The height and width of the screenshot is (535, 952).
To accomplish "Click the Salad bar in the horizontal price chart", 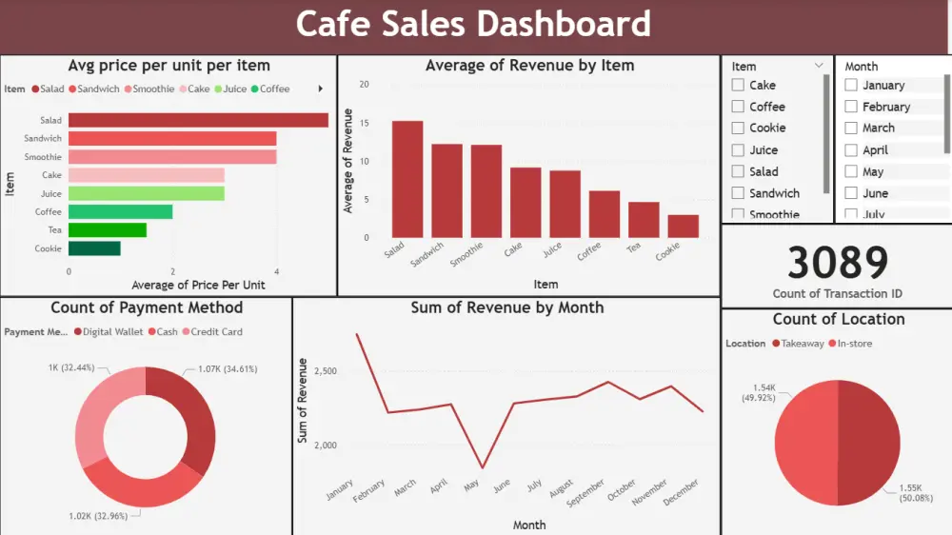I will (198, 121).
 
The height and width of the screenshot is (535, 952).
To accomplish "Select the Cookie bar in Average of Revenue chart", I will (683, 226).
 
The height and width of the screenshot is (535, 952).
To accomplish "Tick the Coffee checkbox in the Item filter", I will (738, 107).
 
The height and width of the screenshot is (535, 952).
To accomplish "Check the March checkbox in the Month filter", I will (852, 128).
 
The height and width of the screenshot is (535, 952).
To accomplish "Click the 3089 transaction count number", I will (838, 263).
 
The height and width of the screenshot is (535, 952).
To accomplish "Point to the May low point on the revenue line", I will (482, 467).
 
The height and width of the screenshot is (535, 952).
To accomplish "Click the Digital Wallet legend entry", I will (109, 332).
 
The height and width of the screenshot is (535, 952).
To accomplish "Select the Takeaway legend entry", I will (798, 344).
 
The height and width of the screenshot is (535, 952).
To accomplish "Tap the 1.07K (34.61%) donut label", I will (228, 368).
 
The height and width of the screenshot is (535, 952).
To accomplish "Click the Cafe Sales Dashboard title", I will (473, 24).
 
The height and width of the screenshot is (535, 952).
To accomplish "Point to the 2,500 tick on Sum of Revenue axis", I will (325, 370).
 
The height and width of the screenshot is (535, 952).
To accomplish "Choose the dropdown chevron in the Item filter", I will (819, 66).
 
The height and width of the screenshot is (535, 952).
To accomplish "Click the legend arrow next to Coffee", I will (320, 89).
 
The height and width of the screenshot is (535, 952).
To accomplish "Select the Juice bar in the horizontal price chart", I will (146, 193).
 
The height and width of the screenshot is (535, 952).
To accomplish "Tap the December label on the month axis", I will (682, 493).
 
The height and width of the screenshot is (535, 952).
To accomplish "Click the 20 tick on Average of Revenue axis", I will (364, 84).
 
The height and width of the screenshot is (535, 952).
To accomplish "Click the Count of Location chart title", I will (838, 319).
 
